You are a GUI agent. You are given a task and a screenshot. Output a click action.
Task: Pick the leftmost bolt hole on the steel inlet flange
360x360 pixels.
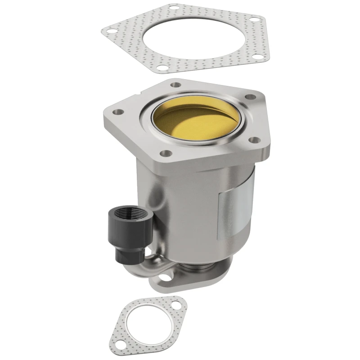click(119, 112)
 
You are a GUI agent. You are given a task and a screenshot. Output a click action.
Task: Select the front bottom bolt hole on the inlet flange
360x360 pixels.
click(167, 153)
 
